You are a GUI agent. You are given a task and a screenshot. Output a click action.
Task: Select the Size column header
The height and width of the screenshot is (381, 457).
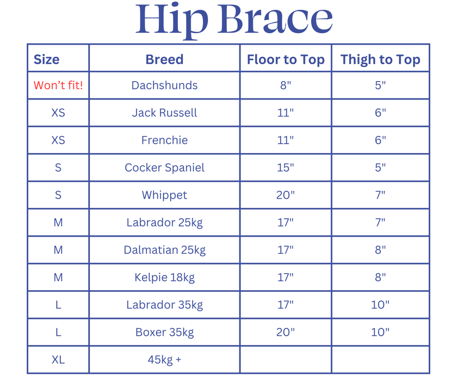(47, 59)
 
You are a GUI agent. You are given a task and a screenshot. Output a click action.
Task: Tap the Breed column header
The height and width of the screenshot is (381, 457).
(164, 59)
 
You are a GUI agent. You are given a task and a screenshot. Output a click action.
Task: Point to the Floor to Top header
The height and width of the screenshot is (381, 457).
(286, 59)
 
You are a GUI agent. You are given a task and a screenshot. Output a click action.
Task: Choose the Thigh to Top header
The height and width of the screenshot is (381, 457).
(380, 59)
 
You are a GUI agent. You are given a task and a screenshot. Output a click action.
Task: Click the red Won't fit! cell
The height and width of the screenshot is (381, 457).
(58, 85)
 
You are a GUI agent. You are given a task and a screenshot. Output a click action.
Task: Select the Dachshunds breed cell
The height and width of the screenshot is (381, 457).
(164, 85)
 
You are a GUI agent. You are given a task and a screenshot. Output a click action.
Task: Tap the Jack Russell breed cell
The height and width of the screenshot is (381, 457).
(164, 113)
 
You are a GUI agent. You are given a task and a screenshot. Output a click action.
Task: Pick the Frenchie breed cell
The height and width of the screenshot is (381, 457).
(164, 140)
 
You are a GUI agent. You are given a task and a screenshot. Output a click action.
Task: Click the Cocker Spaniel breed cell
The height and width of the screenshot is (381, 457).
(164, 168)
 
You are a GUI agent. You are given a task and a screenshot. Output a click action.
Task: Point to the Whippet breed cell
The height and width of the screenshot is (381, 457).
(164, 195)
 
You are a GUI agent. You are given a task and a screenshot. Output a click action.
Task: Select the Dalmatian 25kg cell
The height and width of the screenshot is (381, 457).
(164, 250)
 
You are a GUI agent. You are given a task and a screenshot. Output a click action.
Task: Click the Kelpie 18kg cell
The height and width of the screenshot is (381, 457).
(164, 277)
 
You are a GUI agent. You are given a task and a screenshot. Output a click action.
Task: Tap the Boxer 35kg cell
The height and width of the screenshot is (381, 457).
(164, 332)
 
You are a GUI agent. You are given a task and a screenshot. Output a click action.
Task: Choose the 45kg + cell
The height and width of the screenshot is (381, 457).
(164, 360)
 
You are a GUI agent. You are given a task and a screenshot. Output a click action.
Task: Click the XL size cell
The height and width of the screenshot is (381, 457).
(58, 360)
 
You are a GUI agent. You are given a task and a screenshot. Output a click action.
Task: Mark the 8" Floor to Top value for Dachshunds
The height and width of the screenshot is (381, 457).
(286, 85)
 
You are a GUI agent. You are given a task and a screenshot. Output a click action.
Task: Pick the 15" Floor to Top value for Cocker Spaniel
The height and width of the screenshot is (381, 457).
(286, 168)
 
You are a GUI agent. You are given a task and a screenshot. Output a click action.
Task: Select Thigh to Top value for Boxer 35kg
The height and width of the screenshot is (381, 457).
(380, 332)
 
